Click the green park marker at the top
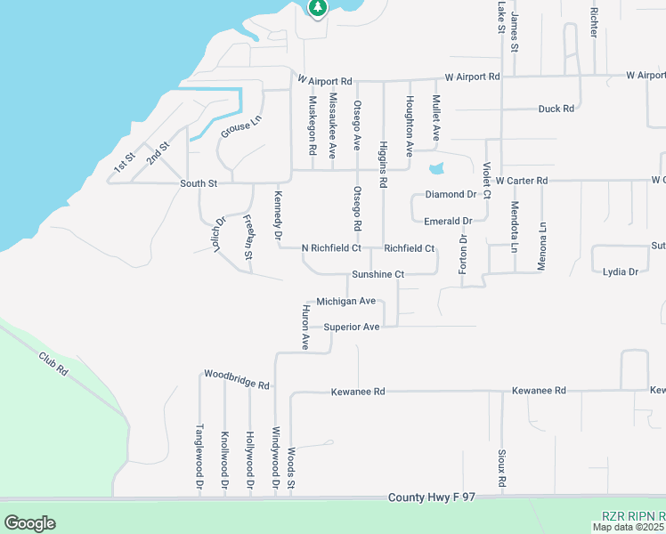tap(318, 7)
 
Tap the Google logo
tap(29, 523)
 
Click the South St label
tap(199, 183)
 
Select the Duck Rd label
tap(556, 109)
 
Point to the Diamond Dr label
tap(451, 194)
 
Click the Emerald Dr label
tap(448, 222)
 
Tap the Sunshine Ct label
tap(378, 275)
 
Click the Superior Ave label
tap(352, 328)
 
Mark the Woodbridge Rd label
tap(236, 379)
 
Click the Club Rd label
tap(53, 364)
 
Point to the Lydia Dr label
tap(621, 272)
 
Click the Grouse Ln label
tap(236, 128)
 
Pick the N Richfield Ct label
tap(330, 248)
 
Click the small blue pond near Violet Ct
tap(435, 168)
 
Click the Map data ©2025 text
tap(629, 527)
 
